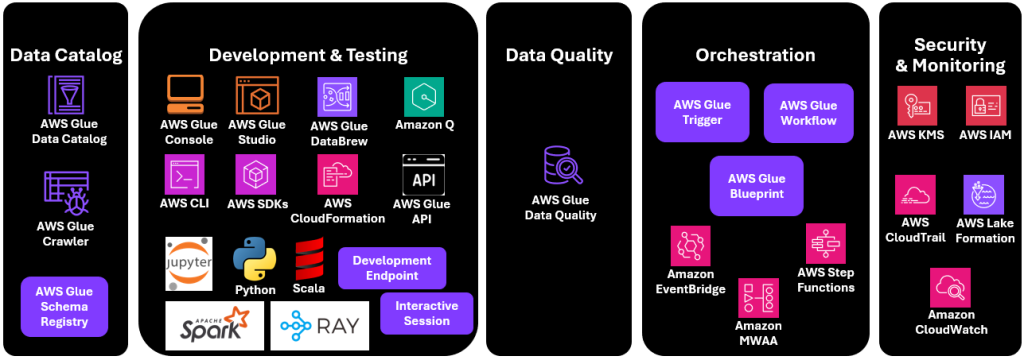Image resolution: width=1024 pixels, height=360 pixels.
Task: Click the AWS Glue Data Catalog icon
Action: point(64,96)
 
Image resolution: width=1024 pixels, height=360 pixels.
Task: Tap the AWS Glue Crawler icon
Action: point(64,192)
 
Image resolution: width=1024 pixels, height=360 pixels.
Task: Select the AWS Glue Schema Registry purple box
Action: point(64,307)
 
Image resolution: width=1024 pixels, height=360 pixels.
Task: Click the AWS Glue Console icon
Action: point(186,96)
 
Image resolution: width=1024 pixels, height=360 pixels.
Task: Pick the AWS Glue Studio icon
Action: point(256,96)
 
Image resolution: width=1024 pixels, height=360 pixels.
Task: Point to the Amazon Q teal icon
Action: point(424,96)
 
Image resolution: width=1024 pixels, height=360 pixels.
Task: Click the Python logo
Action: point(254,258)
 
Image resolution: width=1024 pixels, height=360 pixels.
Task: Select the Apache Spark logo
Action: point(214,325)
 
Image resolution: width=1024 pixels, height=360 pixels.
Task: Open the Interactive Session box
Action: point(427,313)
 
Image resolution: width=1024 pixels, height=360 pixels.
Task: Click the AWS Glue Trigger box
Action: point(702,112)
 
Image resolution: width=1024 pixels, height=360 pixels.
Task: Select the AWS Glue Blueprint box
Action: point(756,186)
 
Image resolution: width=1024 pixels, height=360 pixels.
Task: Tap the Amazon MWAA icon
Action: point(758,298)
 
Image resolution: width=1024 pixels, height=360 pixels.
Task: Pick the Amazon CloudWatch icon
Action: point(950,288)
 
